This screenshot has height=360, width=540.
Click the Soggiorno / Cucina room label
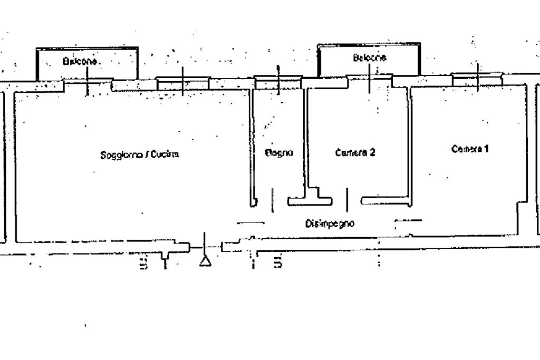pyautogui.click(x=140, y=155)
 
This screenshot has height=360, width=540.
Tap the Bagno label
pyautogui.click(x=278, y=153)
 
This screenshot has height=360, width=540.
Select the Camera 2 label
pyautogui.click(x=355, y=153)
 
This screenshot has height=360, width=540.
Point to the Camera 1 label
pyautogui.click(x=470, y=149)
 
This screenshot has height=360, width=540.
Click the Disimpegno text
pyautogui.click(x=330, y=223)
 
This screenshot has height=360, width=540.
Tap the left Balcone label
pyautogui.click(x=80, y=61)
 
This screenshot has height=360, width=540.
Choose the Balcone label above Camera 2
pyautogui.click(x=369, y=57)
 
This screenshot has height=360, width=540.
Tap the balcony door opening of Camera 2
pyautogui.click(x=370, y=79)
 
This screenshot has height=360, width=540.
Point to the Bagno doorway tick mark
pyautogui.click(x=272, y=200)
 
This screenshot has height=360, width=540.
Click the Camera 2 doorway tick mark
pyautogui.click(x=346, y=200)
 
